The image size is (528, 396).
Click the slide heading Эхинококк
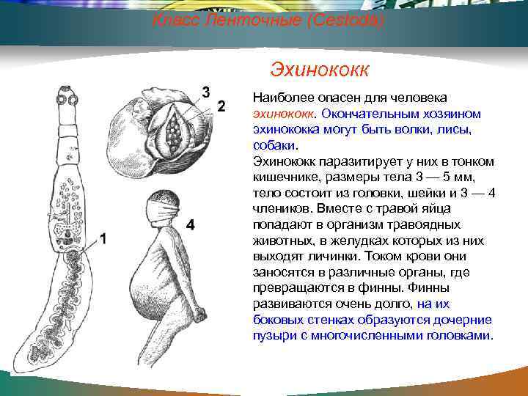coord(319,70)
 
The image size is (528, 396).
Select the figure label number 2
coord(221,106)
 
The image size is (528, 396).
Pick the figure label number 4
coord(190,225)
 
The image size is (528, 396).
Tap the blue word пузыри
coord(272,336)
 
